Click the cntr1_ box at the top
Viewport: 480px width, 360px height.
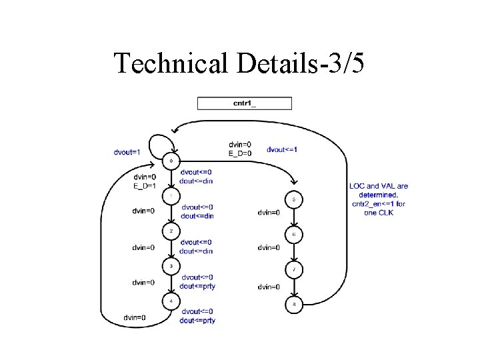click(x=244, y=103)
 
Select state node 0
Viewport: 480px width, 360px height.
click(x=172, y=161)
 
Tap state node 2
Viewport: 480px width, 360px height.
click(x=171, y=231)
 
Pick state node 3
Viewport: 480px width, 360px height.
click(x=171, y=266)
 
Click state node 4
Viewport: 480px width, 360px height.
click(x=171, y=301)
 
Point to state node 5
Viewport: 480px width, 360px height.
click(x=294, y=199)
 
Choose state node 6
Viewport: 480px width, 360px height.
click(x=294, y=235)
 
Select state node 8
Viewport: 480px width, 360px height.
click(x=294, y=305)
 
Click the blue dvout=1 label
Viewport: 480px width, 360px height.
click(x=126, y=151)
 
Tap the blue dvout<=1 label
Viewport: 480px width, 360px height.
click(x=282, y=149)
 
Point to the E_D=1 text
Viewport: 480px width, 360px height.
click(x=145, y=186)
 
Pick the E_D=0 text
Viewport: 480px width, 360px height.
click(x=240, y=154)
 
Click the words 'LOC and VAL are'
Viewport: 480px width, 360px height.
click(x=379, y=186)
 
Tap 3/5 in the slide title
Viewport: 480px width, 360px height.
click(x=343, y=63)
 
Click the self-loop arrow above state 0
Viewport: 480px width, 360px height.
click(x=161, y=141)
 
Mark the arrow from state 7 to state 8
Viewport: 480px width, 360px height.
click(x=294, y=287)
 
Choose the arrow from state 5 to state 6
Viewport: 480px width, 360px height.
click(x=294, y=217)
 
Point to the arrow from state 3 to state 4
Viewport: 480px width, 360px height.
click(x=171, y=283)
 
